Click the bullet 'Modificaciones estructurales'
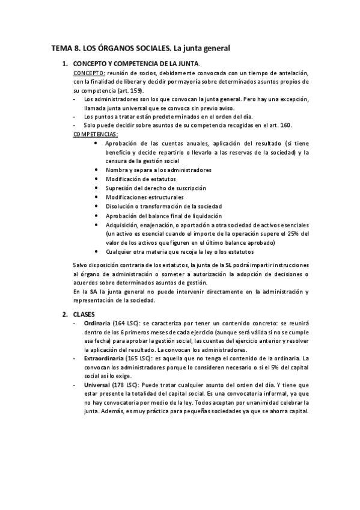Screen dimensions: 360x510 pos(144,197)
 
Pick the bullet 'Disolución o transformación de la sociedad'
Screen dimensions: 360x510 pos(163,206)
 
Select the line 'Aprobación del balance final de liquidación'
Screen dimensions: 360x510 pos(163,215)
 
